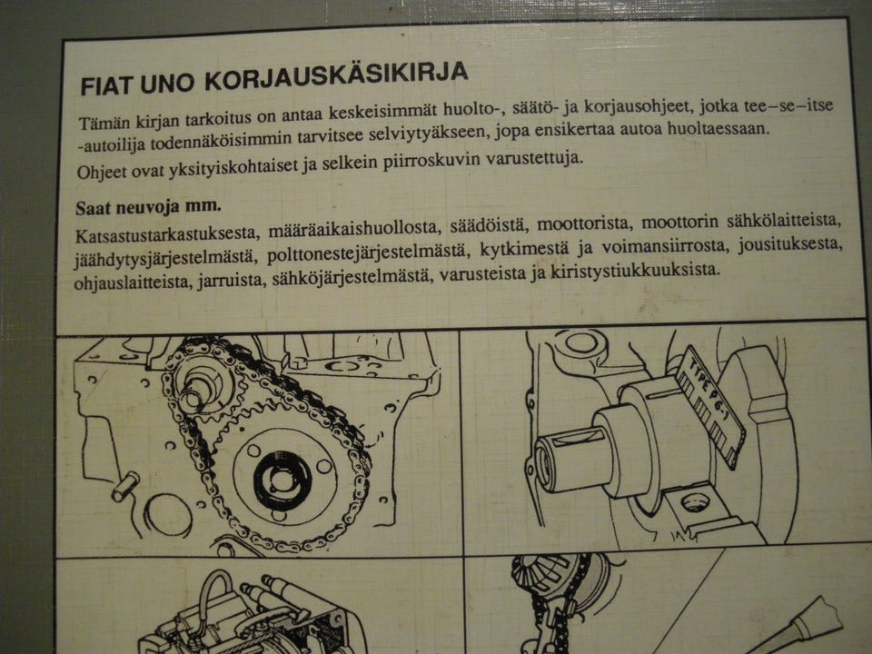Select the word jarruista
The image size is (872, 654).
223,278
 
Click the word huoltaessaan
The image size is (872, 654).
717,130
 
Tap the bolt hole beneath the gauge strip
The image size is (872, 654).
695,499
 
